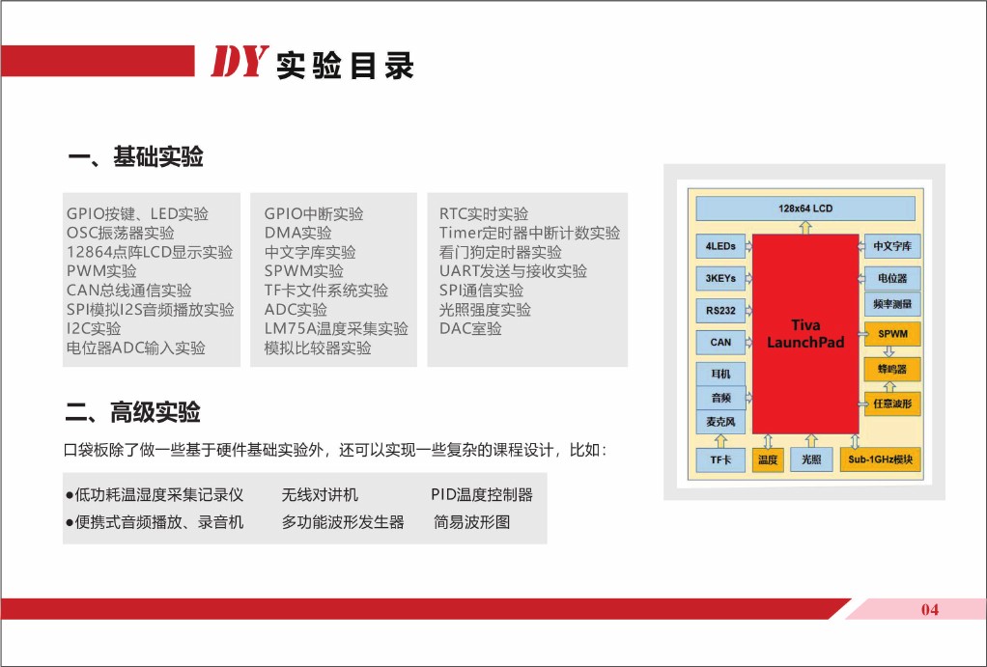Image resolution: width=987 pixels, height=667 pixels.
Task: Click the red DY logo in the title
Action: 240,62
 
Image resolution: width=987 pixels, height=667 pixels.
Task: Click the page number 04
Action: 930,609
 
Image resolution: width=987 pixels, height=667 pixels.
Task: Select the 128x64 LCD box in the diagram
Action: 805,208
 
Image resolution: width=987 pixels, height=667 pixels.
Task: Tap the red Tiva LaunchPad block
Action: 805,334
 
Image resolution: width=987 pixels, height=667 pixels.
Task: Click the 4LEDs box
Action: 720,246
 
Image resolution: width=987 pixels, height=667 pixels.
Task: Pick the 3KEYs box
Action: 720,278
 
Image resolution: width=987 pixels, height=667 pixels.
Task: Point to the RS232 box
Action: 720,310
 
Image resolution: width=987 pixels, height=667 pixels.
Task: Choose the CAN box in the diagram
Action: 720,343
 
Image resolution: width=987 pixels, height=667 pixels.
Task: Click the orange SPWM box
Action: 892,334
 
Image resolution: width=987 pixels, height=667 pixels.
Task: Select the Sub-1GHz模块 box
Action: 880,459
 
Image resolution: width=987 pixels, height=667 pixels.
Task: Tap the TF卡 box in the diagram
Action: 720,459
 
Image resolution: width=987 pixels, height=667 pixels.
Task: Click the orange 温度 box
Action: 768,459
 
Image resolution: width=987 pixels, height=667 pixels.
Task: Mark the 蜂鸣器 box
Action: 892,370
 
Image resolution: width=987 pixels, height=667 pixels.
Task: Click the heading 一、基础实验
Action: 136,156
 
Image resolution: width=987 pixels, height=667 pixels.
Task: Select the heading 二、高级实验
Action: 133,413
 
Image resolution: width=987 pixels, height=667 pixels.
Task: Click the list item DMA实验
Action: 297,233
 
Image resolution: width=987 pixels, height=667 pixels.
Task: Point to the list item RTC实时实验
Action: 484,214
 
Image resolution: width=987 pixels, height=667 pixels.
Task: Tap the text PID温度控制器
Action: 482,494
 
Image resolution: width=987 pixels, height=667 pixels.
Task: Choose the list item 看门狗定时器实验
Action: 500,252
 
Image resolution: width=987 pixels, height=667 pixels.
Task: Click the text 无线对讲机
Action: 320,494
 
